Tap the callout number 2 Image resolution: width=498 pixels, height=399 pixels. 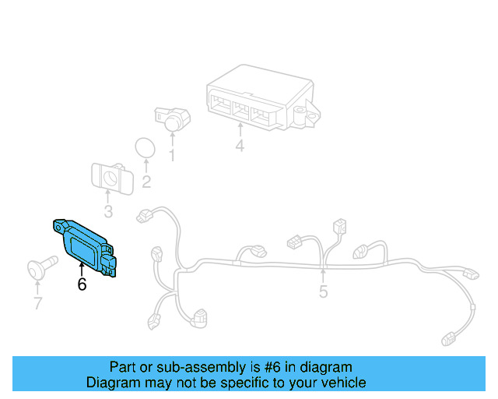pyautogui.click(x=146, y=183)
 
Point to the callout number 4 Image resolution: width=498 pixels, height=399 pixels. pyautogui.click(x=240, y=146)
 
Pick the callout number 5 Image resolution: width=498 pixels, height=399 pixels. pyautogui.click(x=324, y=293)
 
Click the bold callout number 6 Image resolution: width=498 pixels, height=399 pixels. pyautogui.click(x=82, y=284)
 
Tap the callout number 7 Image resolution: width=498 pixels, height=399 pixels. pyautogui.click(x=37, y=303)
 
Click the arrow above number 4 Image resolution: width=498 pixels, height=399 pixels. pyautogui.click(x=240, y=131)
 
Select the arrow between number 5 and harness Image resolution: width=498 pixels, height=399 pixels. pyautogui.click(x=324, y=277)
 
